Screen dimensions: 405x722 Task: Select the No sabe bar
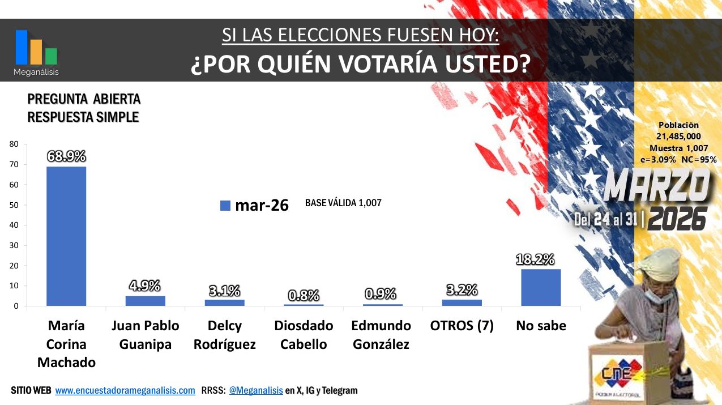point(541,287)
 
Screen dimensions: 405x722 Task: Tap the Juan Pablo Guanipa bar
point(146,301)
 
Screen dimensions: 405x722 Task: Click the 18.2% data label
point(535,259)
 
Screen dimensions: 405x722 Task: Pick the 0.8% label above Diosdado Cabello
point(304,295)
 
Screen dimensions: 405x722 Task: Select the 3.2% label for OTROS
point(462,290)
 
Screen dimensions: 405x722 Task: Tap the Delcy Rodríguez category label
point(225,335)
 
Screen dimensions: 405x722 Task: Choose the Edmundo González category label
point(381,335)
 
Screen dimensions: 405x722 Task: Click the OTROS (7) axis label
point(462,326)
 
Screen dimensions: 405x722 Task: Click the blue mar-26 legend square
point(225,206)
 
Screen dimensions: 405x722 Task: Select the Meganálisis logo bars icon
point(36,48)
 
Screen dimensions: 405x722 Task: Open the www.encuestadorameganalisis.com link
point(125,391)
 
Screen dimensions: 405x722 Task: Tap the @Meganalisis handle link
point(255,391)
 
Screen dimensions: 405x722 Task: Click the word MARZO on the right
point(657,187)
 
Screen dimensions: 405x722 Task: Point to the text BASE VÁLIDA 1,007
point(343,203)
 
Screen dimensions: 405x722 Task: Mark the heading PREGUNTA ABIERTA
point(84,100)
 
